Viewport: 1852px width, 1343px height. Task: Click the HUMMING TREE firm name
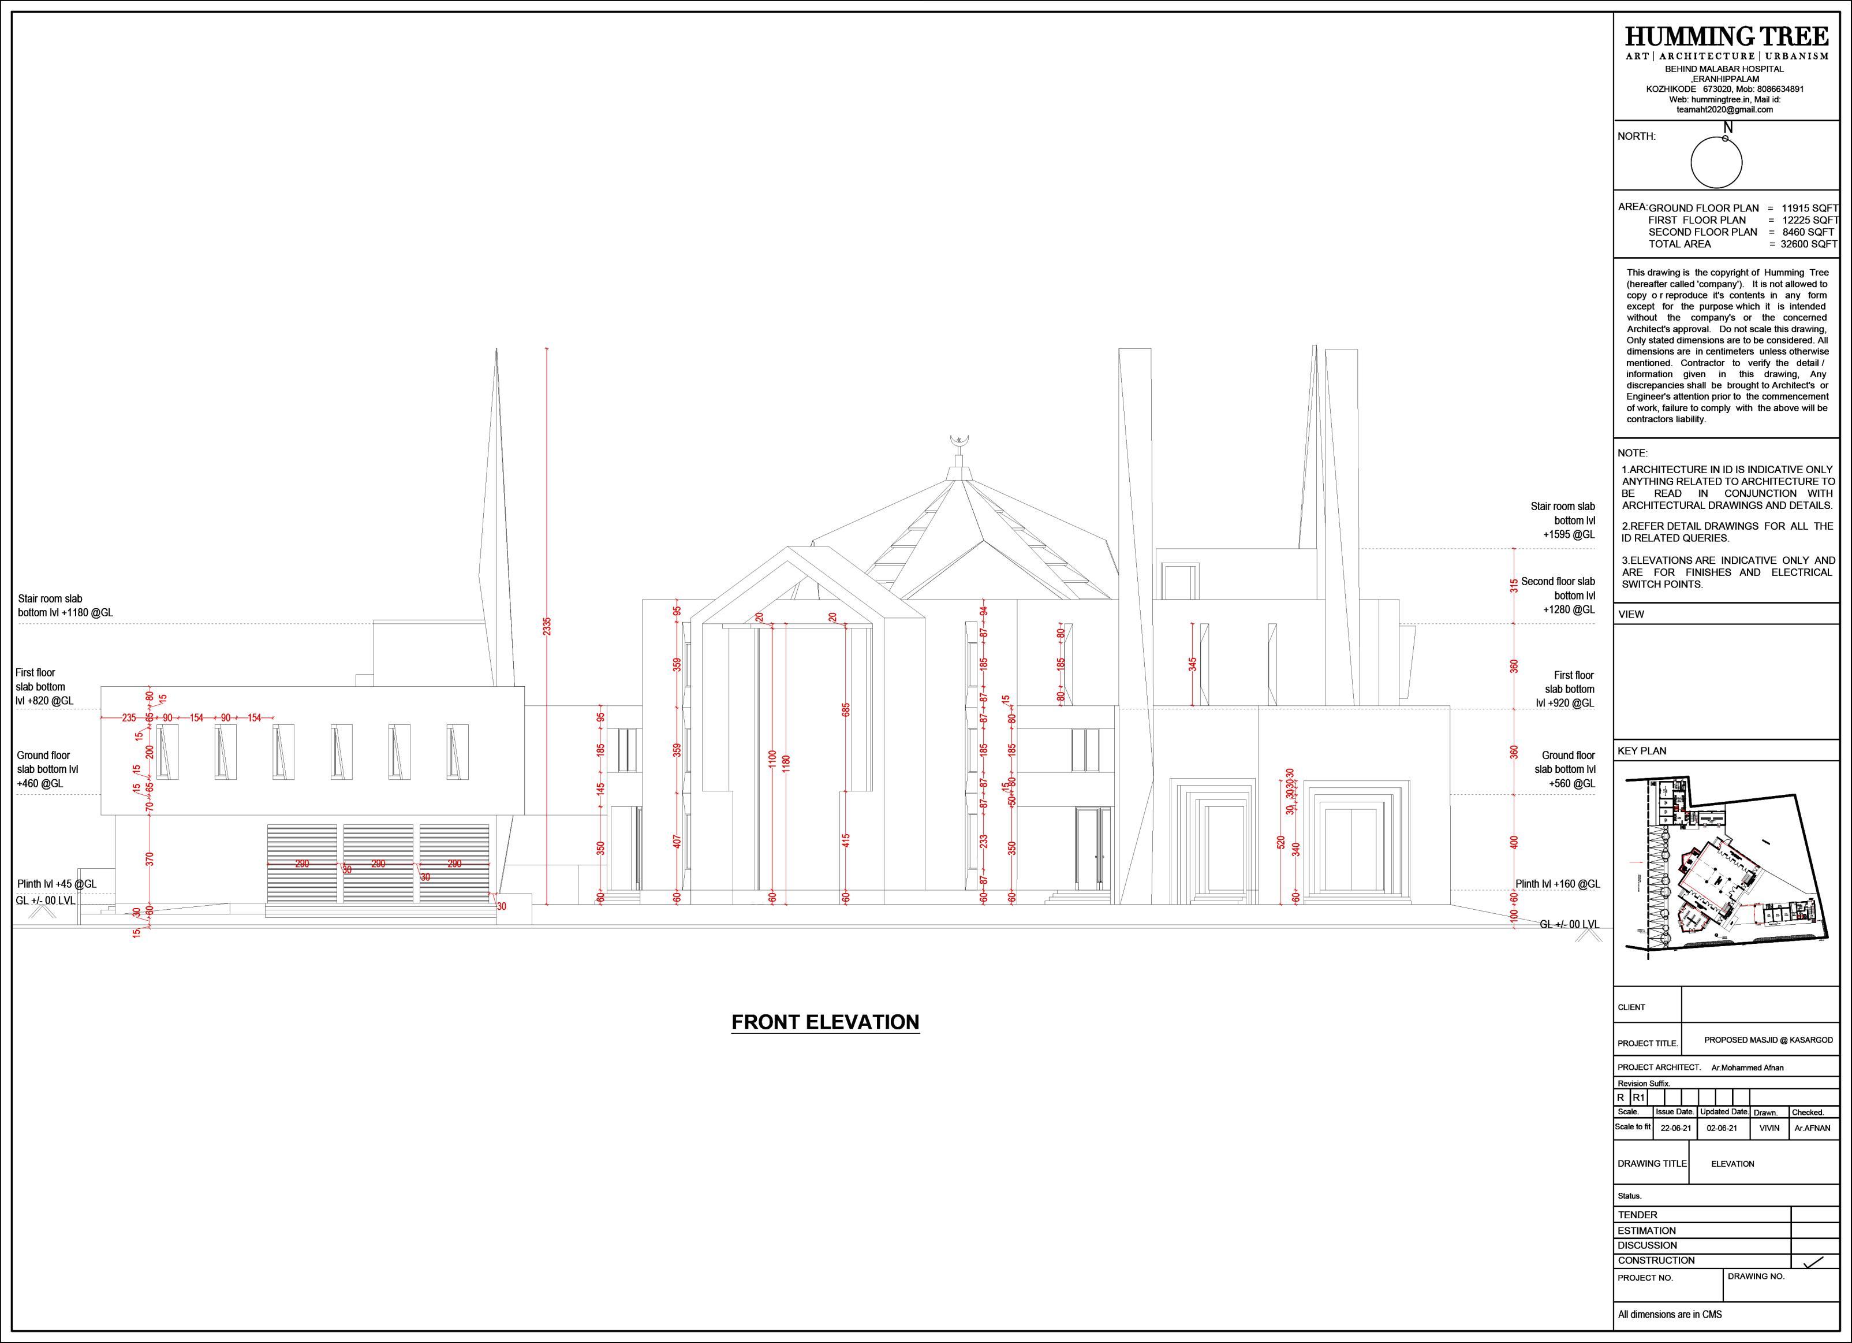[1726, 37]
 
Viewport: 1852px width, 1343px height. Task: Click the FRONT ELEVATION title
[825, 1022]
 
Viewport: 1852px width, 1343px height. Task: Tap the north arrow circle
[1716, 162]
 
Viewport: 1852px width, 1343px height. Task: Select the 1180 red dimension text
[786, 764]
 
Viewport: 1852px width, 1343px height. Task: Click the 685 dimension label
[846, 710]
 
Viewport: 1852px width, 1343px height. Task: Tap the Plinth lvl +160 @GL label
[1557, 884]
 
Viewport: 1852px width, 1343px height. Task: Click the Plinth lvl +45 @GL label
[57, 884]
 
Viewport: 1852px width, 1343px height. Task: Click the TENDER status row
[1637, 1215]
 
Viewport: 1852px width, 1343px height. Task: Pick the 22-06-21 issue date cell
[1675, 1128]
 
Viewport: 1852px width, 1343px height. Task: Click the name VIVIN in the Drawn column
[1769, 1128]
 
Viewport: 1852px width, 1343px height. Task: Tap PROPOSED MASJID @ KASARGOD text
[1768, 1040]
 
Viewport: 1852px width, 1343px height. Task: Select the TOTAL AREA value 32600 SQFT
[1809, 243]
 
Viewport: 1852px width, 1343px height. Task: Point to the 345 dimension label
[1193, 664]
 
